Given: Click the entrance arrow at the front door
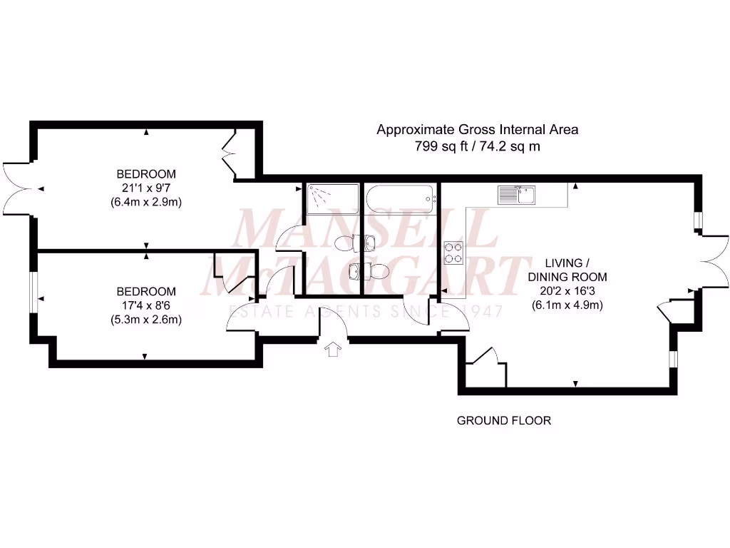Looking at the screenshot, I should (x=333, y=349).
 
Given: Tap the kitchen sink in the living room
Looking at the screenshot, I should (x=517, y=193).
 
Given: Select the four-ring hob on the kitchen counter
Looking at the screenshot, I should (x=453, y=252).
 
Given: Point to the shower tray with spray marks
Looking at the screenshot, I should (x=331, y=198).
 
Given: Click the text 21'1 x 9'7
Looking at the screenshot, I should (x=146, y=188).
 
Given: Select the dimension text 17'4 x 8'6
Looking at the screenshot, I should (x=146, y=305).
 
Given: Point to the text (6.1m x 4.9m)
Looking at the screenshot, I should (x=567, y=305).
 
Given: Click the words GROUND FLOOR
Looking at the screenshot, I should (x=503, y=420).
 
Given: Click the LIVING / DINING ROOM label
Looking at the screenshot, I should (x=567, y=269).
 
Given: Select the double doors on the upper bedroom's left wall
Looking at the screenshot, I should (x=16, y=188).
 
